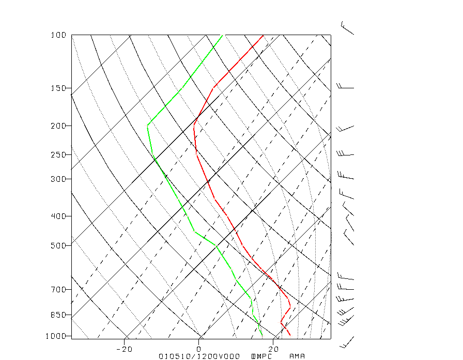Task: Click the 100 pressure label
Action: click(x=58, y=35)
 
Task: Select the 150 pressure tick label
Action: click(x=58, y=88)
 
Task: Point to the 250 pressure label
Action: click(x=58, y=154)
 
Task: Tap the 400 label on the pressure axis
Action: click(x=58, y=216)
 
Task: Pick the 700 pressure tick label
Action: click(x=58, y=289)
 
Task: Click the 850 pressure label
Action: click(x=58, y=315)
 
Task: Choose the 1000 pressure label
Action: click(x=57, y=336)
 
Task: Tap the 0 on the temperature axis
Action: click(x=199, y=349)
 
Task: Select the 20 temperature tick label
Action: click(x=273, y=349)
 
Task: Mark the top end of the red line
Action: click(x=263, y=35)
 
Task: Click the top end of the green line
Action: click(x=222, y=35)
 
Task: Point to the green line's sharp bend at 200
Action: click(x=148, y=125)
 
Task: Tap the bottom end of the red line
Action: click(x=289, y=335)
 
